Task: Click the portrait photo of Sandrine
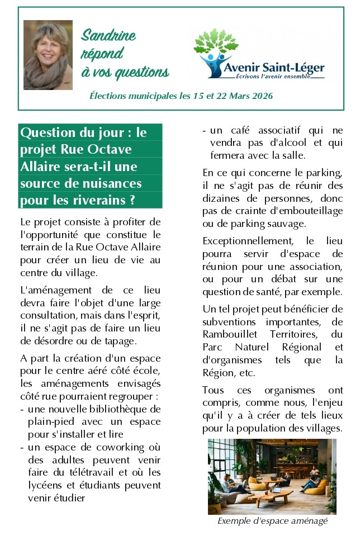[x=48, y=55]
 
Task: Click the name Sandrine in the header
[x=108, y=36]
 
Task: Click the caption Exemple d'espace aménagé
[x=272, y=521]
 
